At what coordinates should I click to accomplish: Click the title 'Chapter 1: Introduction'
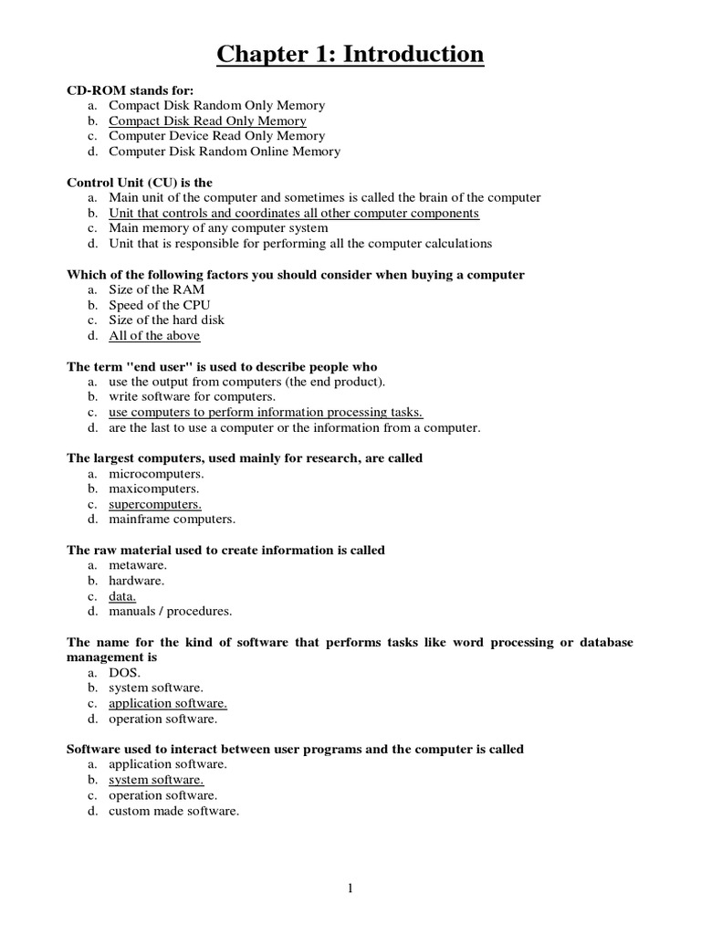coord(350,55)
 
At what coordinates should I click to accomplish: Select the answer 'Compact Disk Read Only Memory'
coord(207,121)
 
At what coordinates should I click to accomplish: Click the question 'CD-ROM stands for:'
coord(131,90)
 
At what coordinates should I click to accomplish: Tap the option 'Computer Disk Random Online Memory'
coord(225,152)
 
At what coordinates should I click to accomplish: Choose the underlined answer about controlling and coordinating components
coord(293,213)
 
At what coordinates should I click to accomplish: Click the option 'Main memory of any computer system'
coord(218,228)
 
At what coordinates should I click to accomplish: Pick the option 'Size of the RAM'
coord(156,289)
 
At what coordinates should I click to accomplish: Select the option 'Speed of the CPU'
coord(160,305)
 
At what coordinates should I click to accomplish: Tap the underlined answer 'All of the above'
coord(154,336)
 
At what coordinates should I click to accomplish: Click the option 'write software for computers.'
coord(191,397)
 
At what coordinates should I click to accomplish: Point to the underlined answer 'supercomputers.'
coord(155,504)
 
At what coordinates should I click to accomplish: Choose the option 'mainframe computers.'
coord(172,520)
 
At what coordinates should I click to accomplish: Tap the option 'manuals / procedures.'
coord(170,611)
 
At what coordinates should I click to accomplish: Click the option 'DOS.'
coord(124,672)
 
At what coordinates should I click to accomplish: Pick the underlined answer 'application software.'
coord(168,703)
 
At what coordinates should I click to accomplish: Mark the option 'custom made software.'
coord(173,811)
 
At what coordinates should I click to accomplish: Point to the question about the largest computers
coord(245,458)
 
